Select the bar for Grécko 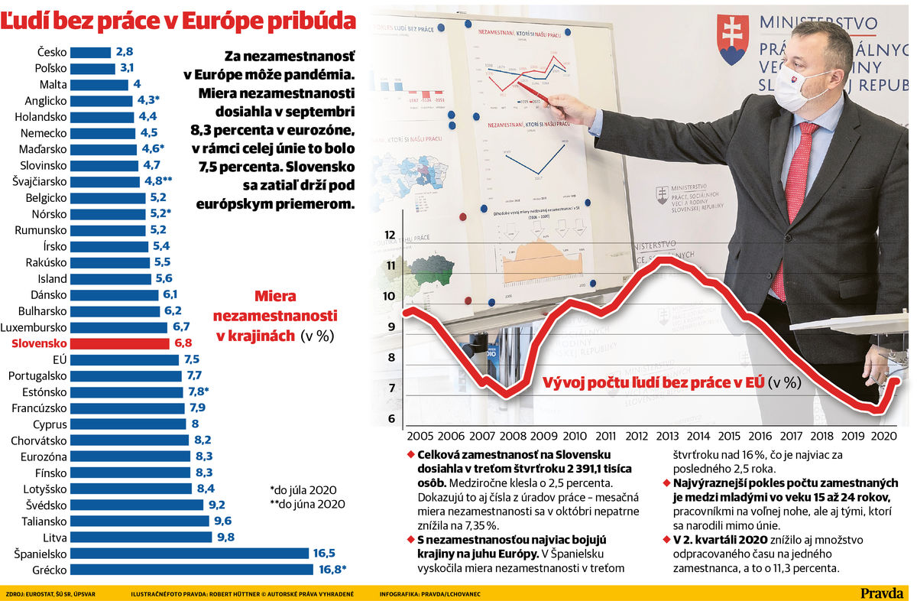pos(192,569)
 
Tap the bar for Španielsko pos(190,553)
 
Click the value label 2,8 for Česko pos(125,52)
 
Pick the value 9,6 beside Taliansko pos(223,521)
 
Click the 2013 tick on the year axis pos(667,436)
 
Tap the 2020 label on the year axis pos(884,436)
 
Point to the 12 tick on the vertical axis pos(390,235)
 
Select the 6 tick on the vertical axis pos(391,418)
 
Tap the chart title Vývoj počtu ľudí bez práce pos(653,382)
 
